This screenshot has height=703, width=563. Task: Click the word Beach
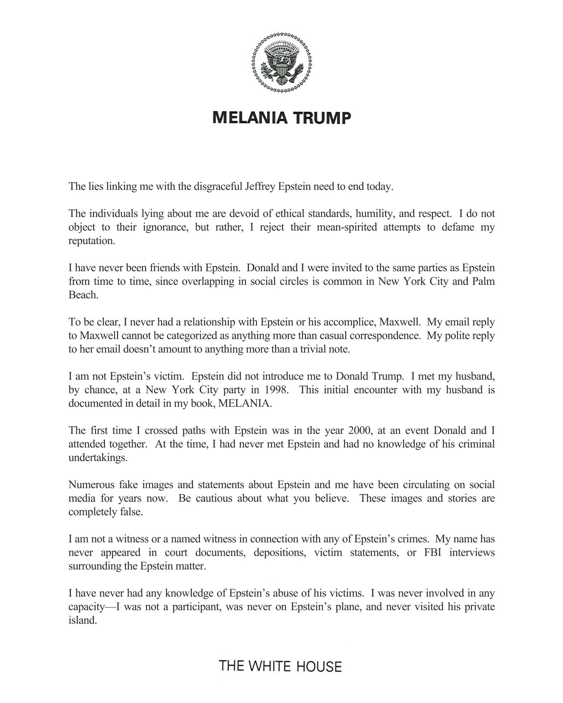coord(83,295)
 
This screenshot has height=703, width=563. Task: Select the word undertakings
coord(98,458)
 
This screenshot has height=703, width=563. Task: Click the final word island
coord(82,620)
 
